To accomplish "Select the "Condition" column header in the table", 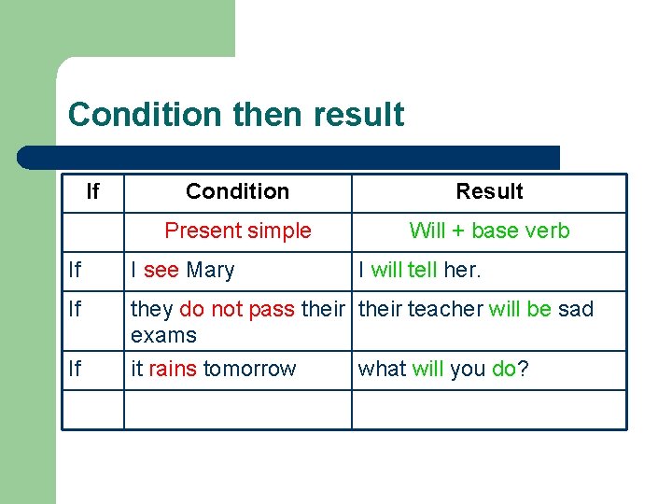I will tap(237, 191).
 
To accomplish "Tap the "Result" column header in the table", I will tap(489, 191).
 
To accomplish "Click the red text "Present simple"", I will tap(237, 231).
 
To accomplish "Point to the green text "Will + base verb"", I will tap(489, 231).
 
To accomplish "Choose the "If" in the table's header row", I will tap(91, 191).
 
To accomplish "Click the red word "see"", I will tap(161, 271).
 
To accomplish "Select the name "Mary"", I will tap(210, 271).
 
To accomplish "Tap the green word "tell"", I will tap(423, 271).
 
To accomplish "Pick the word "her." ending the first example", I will tap(462, 271).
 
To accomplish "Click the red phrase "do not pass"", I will tap(237, 309).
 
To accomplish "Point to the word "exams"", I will tap(163, 335).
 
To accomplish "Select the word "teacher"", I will tap(445, 309).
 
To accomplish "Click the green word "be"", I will tap(539, 309).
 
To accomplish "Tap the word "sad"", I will tap(576, 309).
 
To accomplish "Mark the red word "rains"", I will tap(173, 369).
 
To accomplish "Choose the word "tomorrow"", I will tap(249, 369).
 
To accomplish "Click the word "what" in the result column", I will tap(382, 369).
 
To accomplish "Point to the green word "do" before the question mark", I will tap(504, 369).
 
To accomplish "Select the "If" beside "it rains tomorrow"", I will tap(75, 369).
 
